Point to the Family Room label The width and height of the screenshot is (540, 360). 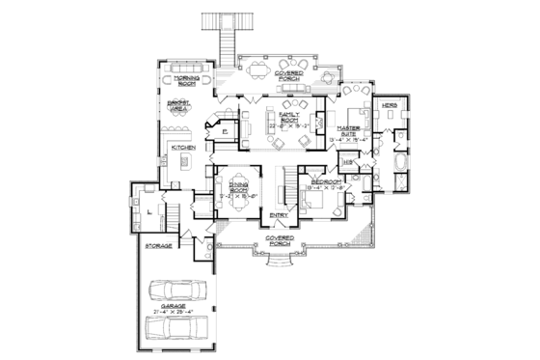(x=290, y=116)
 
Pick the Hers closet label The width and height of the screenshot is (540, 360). (x=390, y=103)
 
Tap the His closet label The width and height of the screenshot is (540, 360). (x=348, y=162)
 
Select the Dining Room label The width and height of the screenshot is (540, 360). (x=239, y=185)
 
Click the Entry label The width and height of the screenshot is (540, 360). (x=278, y=214)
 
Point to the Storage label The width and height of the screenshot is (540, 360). (x=158, y=247)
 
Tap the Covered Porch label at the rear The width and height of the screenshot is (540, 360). (x=290, y=74)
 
